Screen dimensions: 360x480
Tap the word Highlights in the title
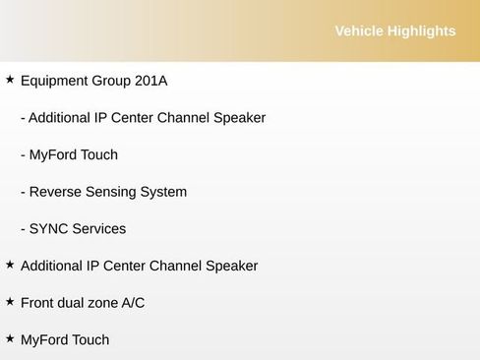(422, 31)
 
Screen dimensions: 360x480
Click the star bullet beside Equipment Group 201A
(10, 80)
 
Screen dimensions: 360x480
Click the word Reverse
(56, 192)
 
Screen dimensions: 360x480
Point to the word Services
(99, 229)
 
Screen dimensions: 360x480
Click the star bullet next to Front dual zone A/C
(10, 302)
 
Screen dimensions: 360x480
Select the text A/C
(133, 303)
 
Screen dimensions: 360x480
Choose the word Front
(39, 303)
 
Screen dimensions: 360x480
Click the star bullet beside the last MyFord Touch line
(10, 338)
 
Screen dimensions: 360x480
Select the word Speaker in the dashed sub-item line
(239, 118)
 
